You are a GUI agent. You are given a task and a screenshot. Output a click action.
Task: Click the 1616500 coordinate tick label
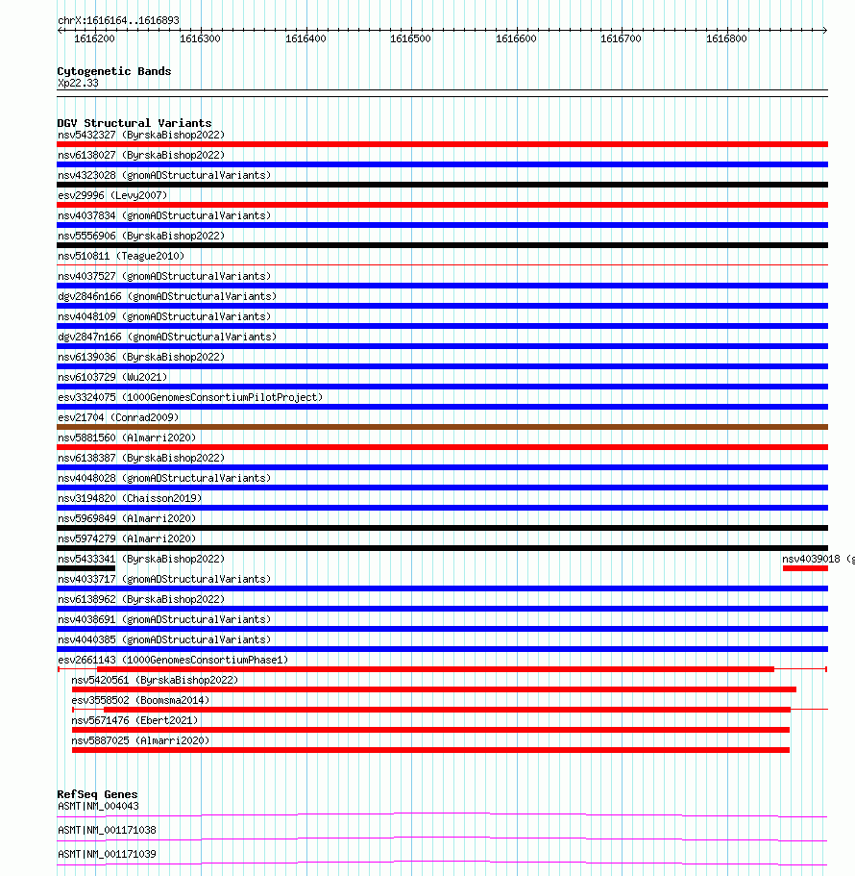[x=410, y=38]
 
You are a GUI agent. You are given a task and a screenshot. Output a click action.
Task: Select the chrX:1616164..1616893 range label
[x=118, y=20]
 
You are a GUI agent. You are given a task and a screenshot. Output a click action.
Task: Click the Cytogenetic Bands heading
[x=113, y=71]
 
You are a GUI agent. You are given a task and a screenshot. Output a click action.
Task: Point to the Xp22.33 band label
[x=77, y=83]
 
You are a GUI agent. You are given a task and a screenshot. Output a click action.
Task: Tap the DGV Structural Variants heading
[x=134, y=123]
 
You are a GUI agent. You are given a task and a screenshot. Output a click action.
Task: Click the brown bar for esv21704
[x=442, y=427]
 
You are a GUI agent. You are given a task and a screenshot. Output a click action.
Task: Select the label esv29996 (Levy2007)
[x=112, y=195]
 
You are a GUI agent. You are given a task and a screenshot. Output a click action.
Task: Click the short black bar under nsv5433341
[x=85, y=568]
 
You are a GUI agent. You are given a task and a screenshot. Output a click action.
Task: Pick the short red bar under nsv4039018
[x=804, y=568]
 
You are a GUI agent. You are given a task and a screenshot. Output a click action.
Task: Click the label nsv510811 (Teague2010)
[x=121, y=256]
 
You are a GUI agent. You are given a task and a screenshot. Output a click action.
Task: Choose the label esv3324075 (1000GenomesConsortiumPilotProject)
[x=190, y=397]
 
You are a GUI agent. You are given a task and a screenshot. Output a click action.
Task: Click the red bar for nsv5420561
[x=433, y=689]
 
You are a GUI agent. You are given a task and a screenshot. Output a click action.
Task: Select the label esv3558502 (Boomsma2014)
[x=140, y=700]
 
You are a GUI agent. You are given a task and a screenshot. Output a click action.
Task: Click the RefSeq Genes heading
[x=97, y=794]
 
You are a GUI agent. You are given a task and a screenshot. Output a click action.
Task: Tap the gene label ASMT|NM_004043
[x=98, y=806]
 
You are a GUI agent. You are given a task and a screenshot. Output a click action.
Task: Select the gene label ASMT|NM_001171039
[x=107, y=854]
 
